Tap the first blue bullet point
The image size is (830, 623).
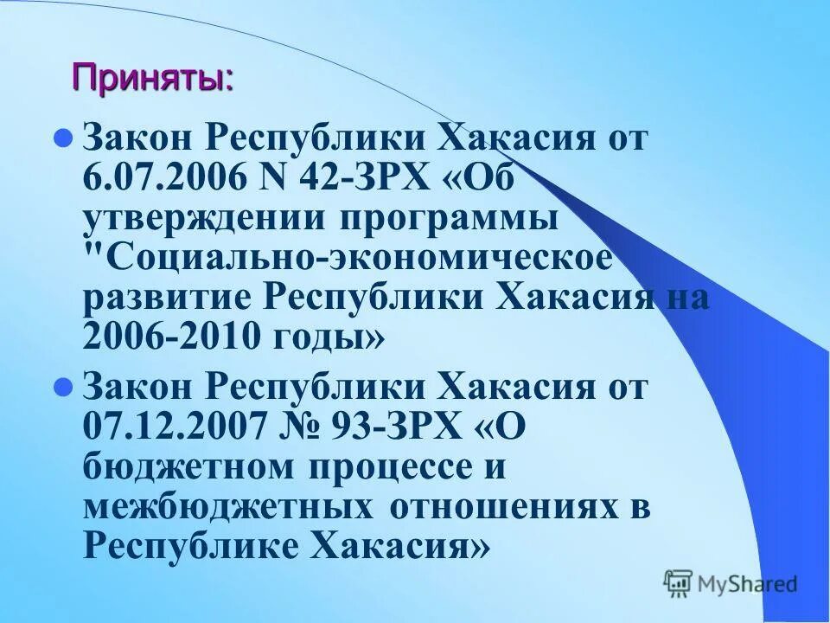61,138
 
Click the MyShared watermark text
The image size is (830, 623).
748,584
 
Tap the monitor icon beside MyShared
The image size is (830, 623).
679,584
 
